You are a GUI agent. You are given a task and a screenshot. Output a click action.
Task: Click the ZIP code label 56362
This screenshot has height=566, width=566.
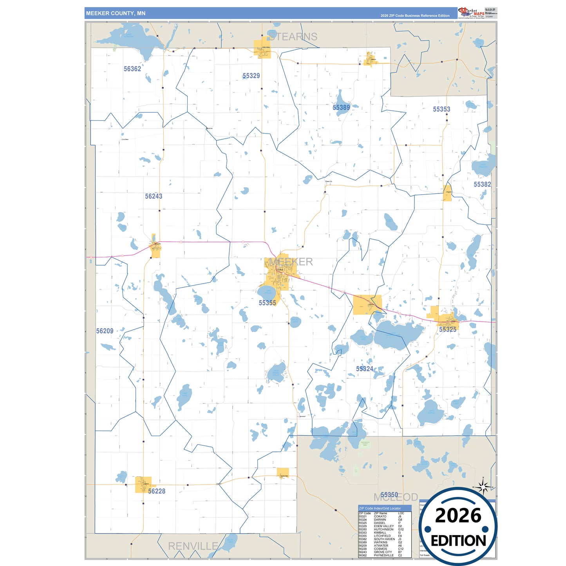tap(132, 69)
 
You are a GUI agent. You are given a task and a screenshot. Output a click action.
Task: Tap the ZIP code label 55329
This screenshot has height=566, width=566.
tap(251, 76)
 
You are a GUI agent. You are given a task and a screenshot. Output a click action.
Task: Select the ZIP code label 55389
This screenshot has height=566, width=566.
tap(341, 108)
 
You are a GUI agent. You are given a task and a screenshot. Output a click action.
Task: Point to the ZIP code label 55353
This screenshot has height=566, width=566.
tap(441, 109)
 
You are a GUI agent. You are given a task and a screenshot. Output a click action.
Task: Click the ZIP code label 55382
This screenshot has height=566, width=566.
tap(482, 184)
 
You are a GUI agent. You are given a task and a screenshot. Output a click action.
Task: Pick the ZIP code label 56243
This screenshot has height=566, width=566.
tap(154, 196)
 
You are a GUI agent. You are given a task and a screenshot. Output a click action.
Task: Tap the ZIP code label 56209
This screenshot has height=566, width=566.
tap(105, 331)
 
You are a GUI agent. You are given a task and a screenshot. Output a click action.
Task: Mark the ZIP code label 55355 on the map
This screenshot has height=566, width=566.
tap(267, 303)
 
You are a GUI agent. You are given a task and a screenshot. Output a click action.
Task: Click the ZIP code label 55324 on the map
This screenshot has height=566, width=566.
tap(365, 369)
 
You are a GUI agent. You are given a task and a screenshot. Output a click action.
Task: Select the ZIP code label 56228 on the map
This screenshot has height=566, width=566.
tap(157, 491)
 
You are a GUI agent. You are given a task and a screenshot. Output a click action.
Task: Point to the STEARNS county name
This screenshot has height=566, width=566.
tap(293, 37)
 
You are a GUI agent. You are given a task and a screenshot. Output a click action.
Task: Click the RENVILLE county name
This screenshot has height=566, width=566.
tap(193, 546)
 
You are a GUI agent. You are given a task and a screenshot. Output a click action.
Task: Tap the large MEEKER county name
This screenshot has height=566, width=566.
tap(291, 262)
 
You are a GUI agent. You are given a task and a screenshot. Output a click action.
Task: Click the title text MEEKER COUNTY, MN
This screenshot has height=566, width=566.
tap(116, 13)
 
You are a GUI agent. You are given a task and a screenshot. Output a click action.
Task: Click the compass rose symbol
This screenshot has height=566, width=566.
tap(483, 487)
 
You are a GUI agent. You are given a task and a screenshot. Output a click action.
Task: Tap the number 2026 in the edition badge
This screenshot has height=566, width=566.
tap(458, 515)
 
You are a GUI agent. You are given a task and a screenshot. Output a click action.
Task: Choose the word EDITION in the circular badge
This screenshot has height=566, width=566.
tap(458, 541)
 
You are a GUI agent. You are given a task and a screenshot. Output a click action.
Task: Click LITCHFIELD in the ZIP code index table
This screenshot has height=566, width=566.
tap(382, 536)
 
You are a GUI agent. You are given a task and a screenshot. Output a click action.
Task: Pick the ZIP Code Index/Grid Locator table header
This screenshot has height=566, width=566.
tap(380, 508)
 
